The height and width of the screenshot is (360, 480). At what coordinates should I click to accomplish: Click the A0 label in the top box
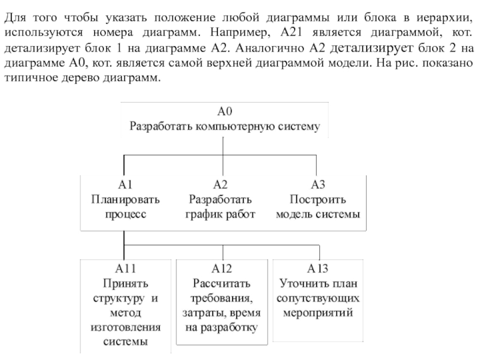[x=224, y=112]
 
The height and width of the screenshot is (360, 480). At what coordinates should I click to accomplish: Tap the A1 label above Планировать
[x=125, y=185]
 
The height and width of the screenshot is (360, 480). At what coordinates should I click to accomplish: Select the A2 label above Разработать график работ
[x=220, y=185]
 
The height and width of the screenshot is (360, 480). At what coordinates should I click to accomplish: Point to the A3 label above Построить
[x=318, y=185]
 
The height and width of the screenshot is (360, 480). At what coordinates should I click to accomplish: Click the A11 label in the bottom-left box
[x=126, y=268]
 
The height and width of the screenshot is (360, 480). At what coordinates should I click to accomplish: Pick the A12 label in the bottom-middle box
[x=221, y=268]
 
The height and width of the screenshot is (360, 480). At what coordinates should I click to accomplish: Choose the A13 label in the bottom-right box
[x=318, y=268]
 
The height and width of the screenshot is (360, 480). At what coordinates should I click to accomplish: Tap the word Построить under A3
[x=318, y=199]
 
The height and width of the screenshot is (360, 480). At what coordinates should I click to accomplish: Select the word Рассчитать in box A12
[x=221, y=283]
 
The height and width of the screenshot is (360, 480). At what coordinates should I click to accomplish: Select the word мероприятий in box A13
[x=318, y=313]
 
